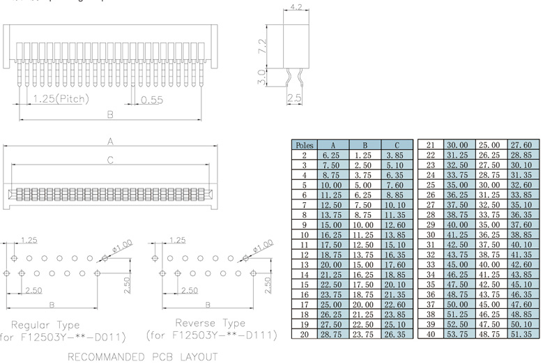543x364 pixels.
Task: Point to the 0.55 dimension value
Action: [x=151, y=100]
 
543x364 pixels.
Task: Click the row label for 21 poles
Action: [x=430, y=145]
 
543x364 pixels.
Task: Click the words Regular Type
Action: [x=45, y=324]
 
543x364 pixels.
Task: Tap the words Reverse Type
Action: [x=208, y=323]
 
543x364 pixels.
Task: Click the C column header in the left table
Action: [x=397, y=145]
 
